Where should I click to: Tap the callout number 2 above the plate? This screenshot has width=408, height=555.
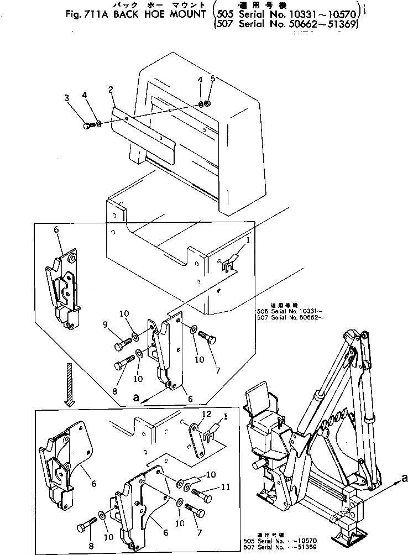[x=111, y=90]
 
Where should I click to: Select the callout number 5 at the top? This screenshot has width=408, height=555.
[x=213, y=79]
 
